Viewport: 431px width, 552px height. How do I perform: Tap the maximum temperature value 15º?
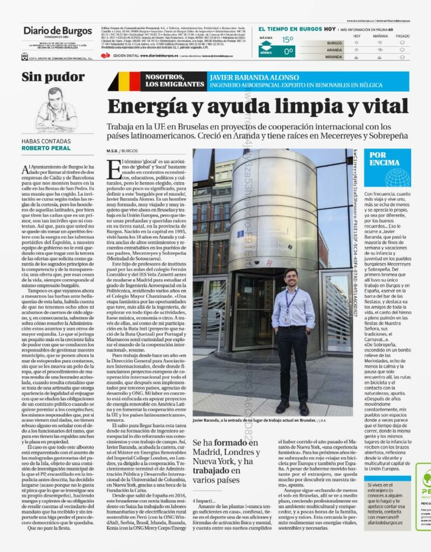[x=288, y=39]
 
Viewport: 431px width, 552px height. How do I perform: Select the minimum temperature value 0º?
[x=289, y=52]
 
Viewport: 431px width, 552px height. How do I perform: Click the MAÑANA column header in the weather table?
[x=380, y=36]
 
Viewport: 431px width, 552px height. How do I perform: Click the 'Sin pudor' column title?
[x=53, y=77]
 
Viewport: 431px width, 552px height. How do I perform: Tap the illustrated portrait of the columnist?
[x=56, y=109]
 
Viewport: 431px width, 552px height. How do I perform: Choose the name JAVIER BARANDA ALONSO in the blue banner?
[x=246, y=78]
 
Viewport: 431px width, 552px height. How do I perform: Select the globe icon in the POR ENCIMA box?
[x=398, y=176]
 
